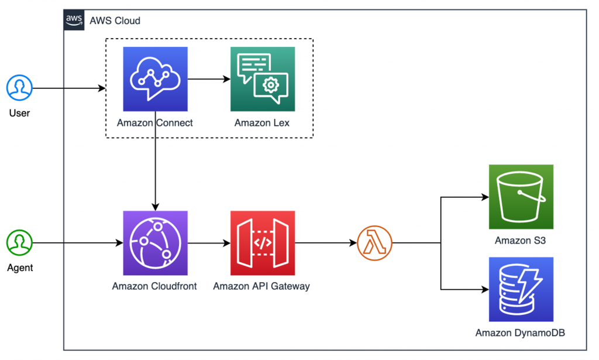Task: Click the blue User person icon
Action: tap(19, 88)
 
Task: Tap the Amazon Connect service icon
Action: tap(155, 79)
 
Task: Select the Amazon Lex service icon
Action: tap(262, 79)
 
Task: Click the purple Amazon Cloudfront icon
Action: tap(155, 243)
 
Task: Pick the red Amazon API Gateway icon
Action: tap(262, 243)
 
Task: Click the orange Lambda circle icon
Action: tap(374, 242)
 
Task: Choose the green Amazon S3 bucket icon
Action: tap(521, 197)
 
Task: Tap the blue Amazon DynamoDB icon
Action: tap(521, 289)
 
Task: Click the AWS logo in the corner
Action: tap(74, 20)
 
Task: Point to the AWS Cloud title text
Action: tap(115, 20)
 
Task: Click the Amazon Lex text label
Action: tap(262, 123)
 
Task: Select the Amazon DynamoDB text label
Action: tap(521, 333)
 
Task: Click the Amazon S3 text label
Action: tap(521, 240)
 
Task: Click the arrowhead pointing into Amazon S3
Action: tap(485, 197)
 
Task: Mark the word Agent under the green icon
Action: tap(19, 268)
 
